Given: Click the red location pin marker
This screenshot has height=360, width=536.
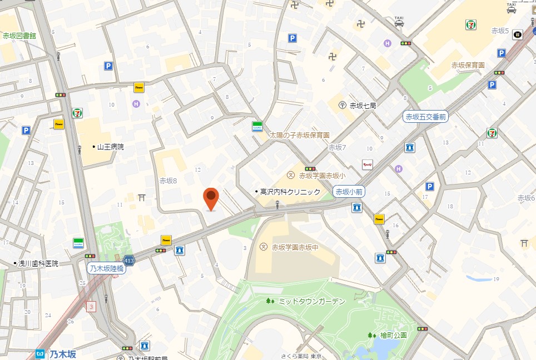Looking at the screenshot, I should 211,199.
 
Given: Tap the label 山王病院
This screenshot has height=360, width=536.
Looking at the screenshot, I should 110,147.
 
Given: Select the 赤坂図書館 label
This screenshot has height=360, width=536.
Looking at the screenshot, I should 19,36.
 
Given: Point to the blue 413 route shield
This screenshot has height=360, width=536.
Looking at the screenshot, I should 129,260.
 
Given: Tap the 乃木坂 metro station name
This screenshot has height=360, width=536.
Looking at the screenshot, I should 63,354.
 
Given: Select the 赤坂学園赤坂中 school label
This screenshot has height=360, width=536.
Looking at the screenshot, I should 294,247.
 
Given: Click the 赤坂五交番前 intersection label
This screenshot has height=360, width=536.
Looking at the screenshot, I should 425,117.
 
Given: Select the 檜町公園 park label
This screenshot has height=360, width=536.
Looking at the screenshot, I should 394,335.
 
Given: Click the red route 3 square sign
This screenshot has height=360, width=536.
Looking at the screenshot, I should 91,306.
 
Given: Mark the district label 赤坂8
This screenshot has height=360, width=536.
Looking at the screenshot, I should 168,181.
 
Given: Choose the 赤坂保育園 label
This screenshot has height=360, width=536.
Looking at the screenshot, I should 467,65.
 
